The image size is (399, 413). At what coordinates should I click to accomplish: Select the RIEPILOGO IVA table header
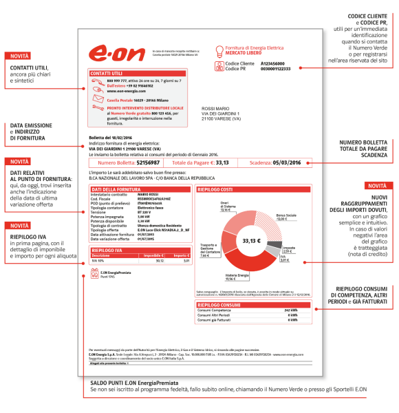105,251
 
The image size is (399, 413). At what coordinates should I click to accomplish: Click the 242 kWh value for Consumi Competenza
290,310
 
